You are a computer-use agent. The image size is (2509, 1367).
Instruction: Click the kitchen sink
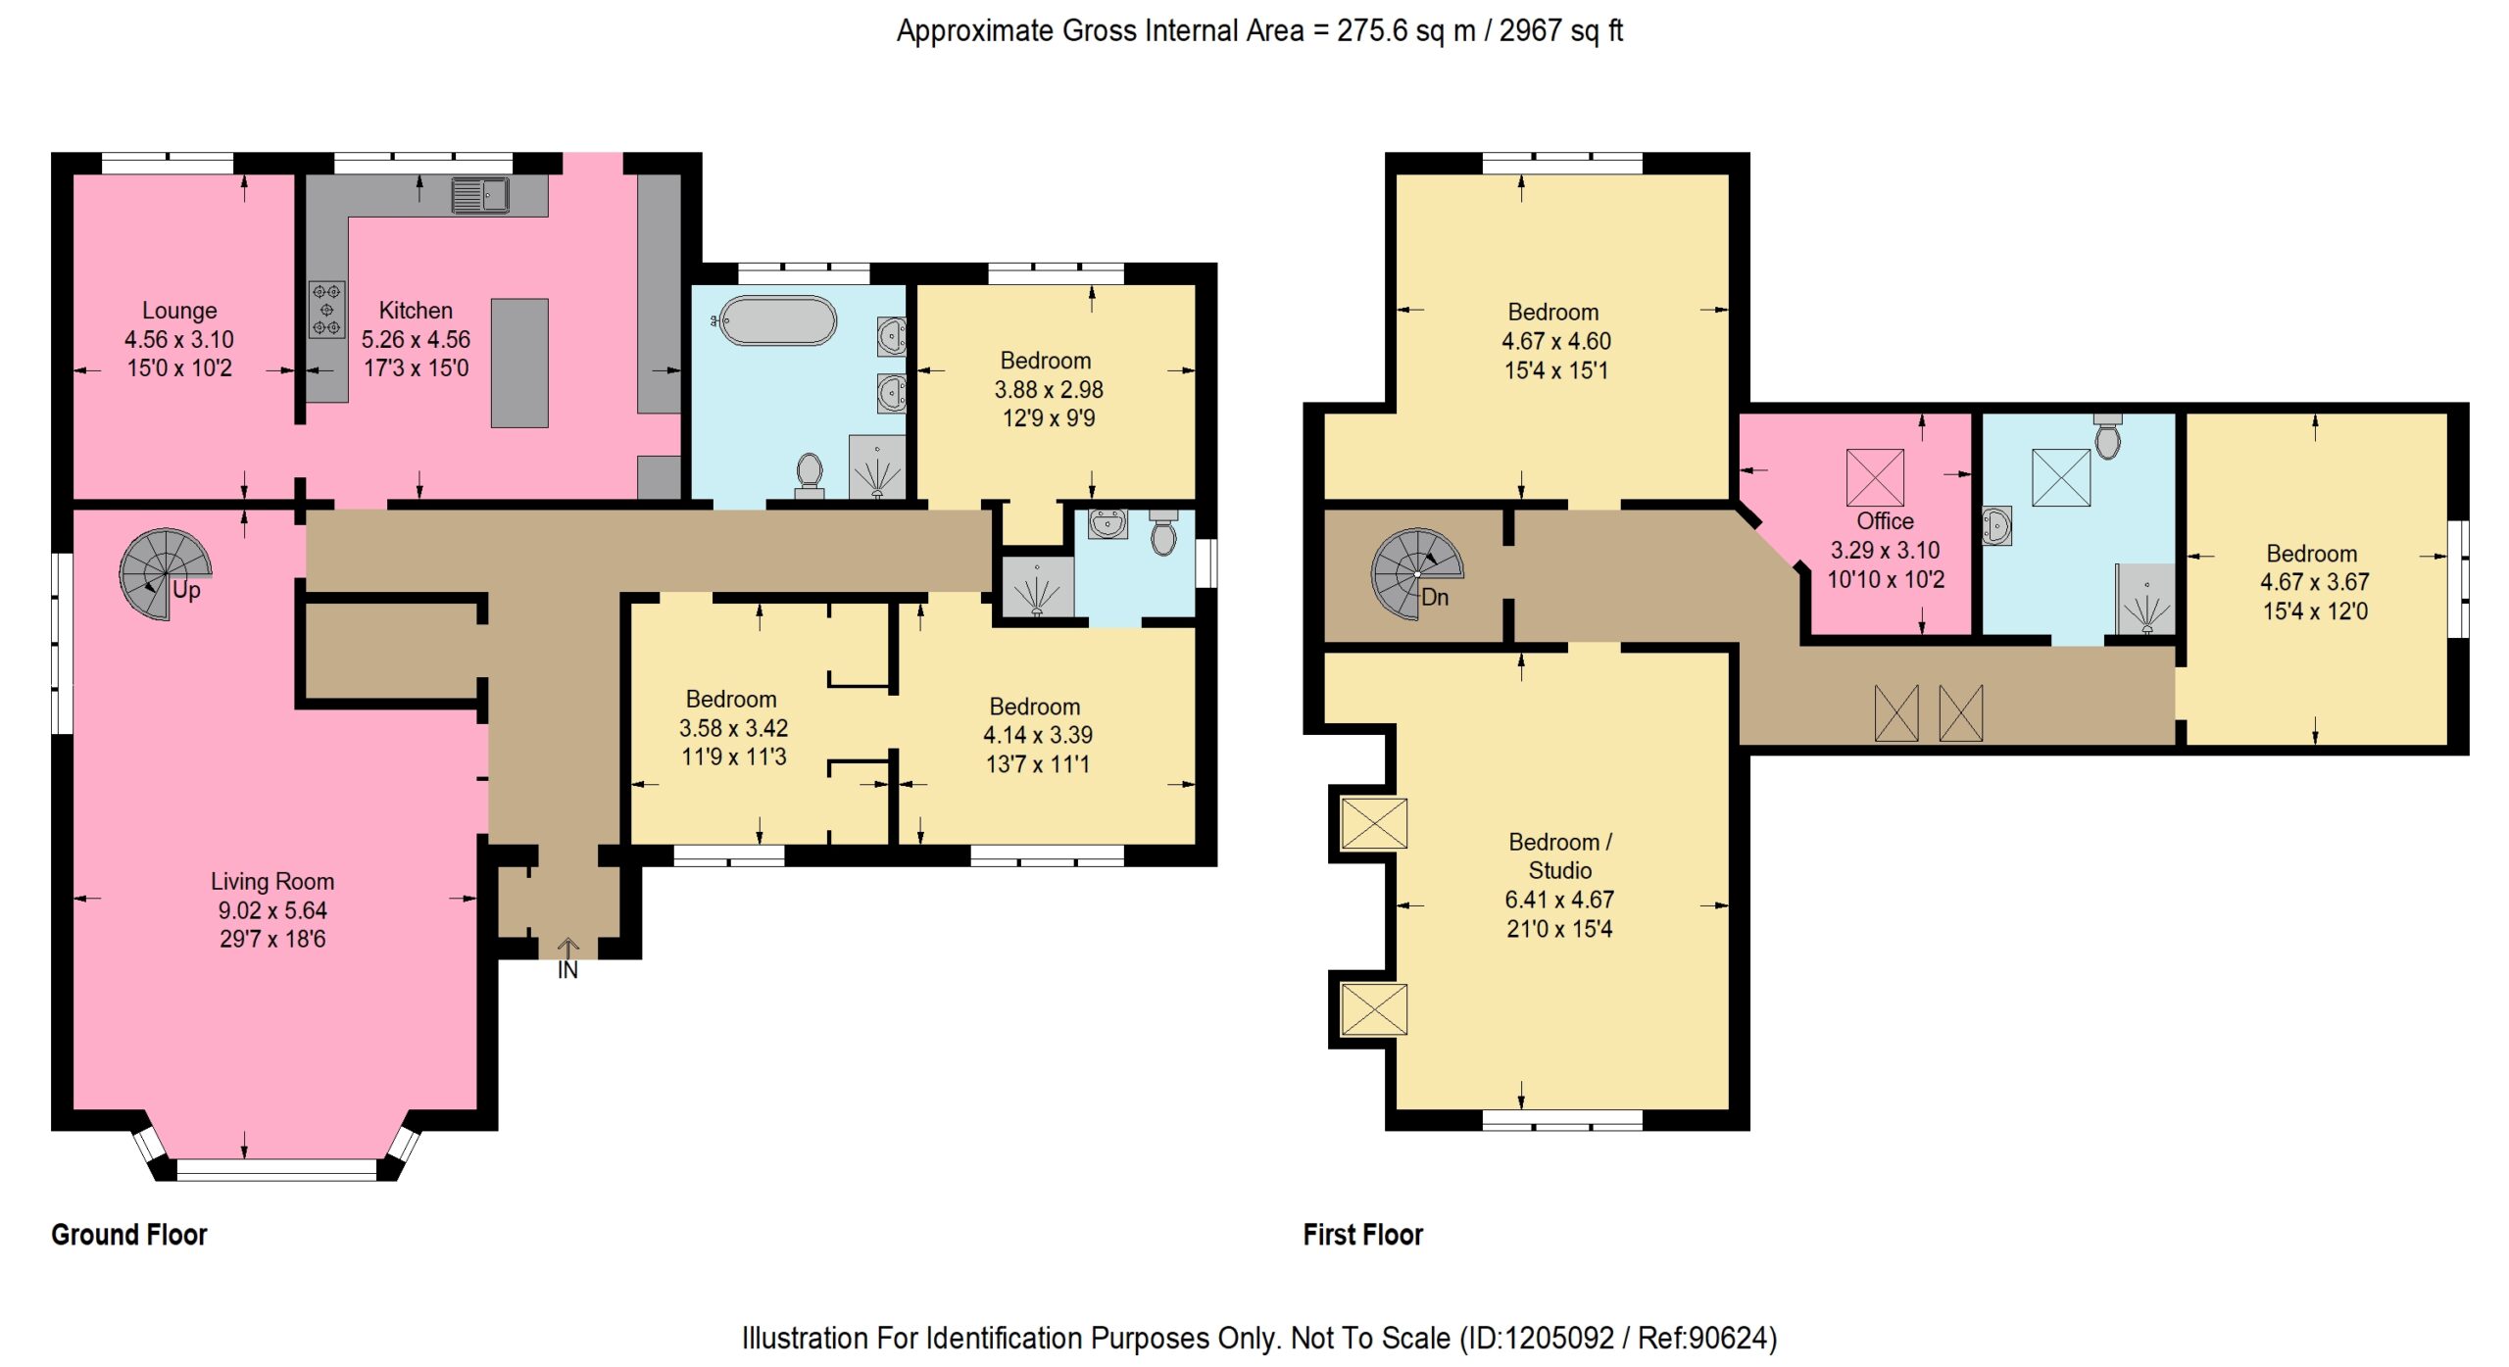click(480, 195)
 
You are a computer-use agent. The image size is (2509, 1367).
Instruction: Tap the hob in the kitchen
click(326, 310)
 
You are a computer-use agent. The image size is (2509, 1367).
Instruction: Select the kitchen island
click(519, 363)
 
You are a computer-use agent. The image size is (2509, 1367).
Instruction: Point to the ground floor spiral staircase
click(165, 574)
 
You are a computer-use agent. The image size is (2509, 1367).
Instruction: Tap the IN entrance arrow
click(568, 949)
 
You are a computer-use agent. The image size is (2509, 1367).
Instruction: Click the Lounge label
click(179, 311)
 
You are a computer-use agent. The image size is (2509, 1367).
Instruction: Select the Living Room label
click(272, 882)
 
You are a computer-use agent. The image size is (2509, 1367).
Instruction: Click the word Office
click(1885, 521)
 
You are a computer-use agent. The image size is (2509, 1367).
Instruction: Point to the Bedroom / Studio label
click(1560, 856)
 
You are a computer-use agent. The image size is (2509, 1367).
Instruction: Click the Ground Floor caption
click(129, 1235)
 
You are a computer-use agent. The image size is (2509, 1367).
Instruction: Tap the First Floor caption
click(1362, 1235)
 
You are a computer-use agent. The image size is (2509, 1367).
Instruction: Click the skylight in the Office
click(1875, 477)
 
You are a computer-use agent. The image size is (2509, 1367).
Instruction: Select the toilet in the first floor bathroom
click(2107, 436)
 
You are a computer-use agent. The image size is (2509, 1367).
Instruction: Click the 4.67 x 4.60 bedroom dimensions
click(1556, 341)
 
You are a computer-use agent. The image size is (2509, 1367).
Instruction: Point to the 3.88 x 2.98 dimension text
click(1049, 389)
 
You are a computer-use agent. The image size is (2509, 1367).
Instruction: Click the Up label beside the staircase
click(186, 590)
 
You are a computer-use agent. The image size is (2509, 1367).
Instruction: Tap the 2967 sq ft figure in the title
click(1561, 30)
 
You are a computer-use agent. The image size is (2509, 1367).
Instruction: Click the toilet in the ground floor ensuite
click(1163, 532)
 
